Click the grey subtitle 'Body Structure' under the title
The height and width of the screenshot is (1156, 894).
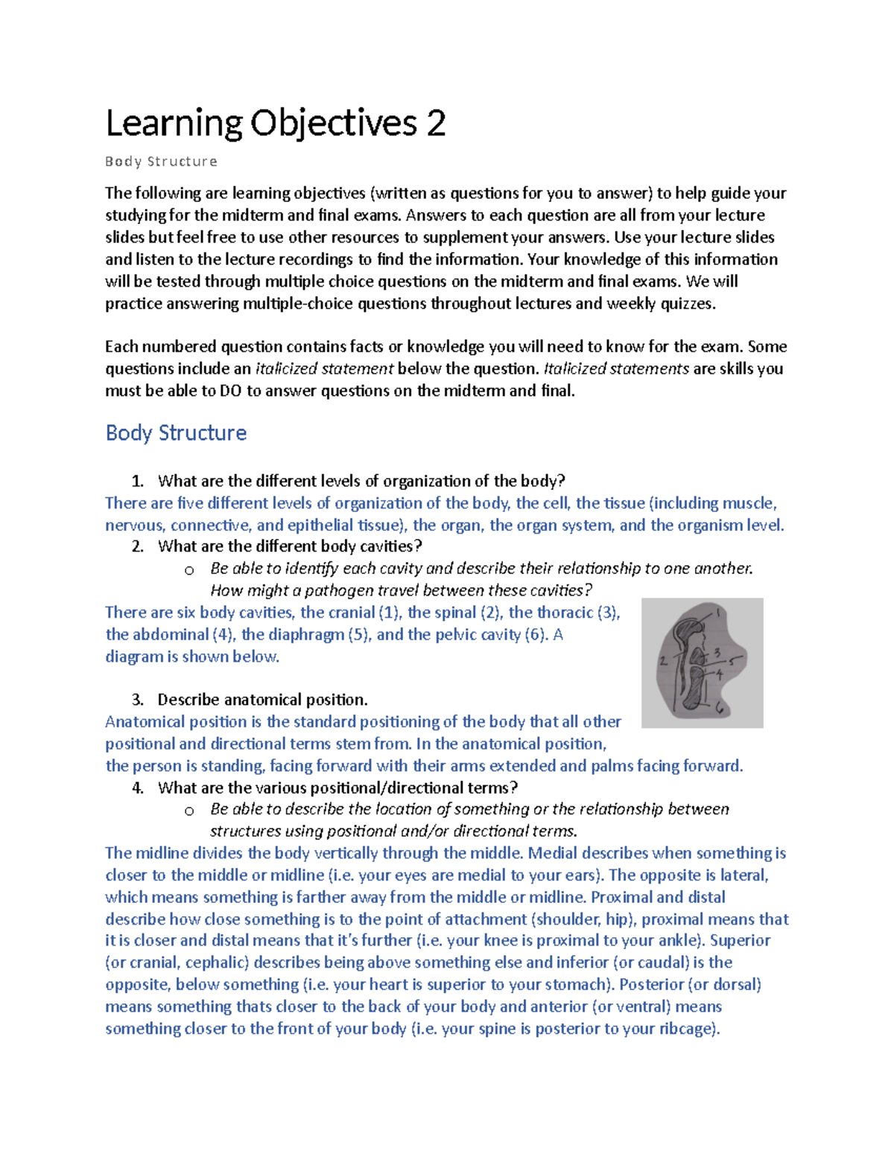pyautogui.click(x=161, y=162)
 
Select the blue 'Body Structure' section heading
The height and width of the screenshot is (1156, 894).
pyautogui.click(x=176, y=432)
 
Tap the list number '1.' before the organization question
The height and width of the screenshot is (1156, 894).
pyautogui.click(x=137, y=481)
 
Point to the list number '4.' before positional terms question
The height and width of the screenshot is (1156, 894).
pyautogui.click(x=137, y=788)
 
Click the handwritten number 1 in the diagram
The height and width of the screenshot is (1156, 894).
pyautogui.click(x=719, y=613)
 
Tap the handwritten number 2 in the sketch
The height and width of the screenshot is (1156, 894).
pyautogui.click(x=662, y=660)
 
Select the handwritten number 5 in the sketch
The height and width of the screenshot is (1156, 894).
pyautogui.click(x=733, y=660)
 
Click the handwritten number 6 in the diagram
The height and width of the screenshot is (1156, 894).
pyautogui.click(x=720, y=708)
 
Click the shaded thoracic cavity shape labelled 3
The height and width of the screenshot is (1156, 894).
pyautogui.click(x=697, y=656)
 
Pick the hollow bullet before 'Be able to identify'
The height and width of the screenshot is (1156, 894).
pyautogui.click(x=189, y=570)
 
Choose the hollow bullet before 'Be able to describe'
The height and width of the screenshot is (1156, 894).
pyautogui.click(x=189, y=811)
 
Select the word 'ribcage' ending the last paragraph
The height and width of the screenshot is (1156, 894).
pyautogui.click(x=688, y=1029)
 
